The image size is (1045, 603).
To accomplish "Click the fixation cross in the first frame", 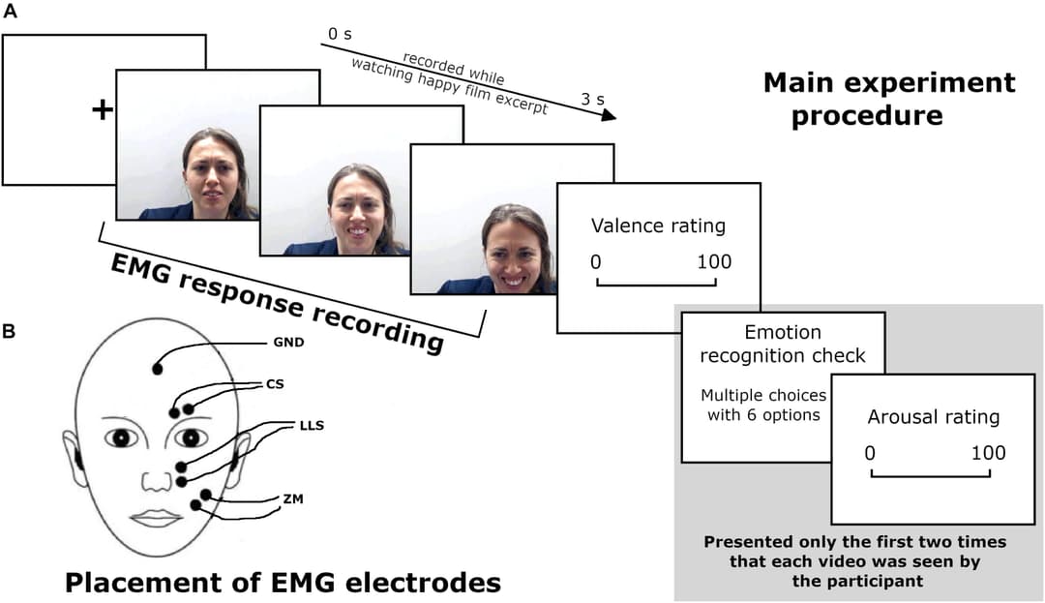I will coord(102,110).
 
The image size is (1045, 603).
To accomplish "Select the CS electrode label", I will coord(275,384).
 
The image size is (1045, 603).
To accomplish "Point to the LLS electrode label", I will coord(313,425).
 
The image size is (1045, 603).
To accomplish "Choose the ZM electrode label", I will coord(290,498).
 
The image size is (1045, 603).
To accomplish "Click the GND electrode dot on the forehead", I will coord(157,369).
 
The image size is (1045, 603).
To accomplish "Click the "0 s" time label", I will coord(340,35).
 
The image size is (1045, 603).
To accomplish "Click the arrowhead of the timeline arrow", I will coord(609,116).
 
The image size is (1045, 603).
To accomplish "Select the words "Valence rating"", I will coord(658,226).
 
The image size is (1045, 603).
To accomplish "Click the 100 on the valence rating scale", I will coord(713,261).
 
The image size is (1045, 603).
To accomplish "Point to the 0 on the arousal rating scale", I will coord(869,452).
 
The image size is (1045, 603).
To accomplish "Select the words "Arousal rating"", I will coord(933,417).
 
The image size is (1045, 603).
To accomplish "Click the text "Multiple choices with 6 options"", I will coord(763,405).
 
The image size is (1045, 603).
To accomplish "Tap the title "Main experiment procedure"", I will coord(889,99).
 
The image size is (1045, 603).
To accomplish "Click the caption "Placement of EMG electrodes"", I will coord(283,583).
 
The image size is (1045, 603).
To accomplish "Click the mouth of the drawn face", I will coord(156,519).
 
